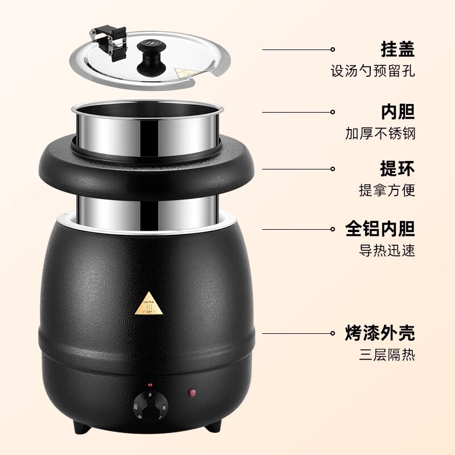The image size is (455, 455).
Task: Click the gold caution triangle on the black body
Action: tap(150, 303)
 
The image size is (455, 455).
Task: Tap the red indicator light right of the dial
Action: tap(192, 392)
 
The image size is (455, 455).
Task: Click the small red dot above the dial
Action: tap(150, 385)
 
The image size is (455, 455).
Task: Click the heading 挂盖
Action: tap(398, 49)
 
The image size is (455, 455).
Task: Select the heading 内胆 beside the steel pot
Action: tap(398, 111)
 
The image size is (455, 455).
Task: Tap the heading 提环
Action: tap(398, 168)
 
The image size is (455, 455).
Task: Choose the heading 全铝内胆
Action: tap(380, 229)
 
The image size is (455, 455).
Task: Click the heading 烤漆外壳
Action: tap(380, 333)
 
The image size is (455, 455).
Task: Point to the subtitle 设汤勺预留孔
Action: tap(373, 71)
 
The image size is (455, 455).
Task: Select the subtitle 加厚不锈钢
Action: tap(380, 134)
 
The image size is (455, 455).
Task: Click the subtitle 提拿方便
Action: tap(387, 191)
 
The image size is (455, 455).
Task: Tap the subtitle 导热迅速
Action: tap(387, 250)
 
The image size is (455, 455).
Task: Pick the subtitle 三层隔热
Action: tap(387, 354)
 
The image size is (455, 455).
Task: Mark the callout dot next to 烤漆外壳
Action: tap(333, 333)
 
